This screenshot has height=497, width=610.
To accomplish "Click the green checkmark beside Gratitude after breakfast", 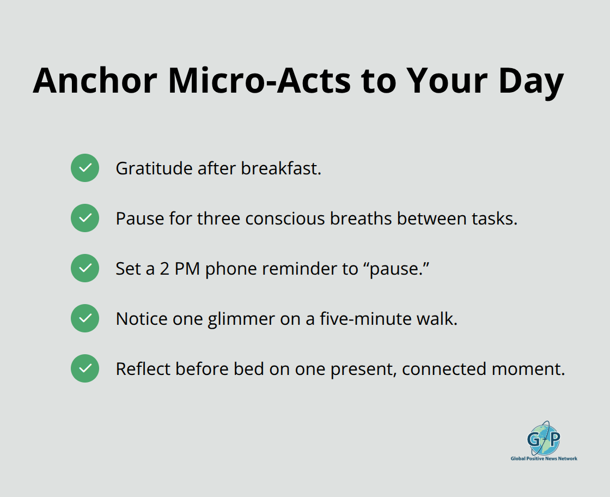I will coord(85,168).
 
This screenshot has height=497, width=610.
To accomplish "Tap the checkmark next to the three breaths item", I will coord(85,219).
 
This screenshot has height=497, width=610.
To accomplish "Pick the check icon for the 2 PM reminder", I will coord(85,269).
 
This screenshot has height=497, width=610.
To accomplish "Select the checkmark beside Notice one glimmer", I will coord(85,319).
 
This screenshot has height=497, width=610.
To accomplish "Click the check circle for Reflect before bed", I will coord(85,369).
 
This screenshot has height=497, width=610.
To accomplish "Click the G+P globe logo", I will coord(543,438).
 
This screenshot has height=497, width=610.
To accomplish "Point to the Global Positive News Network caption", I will coord(544,459).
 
